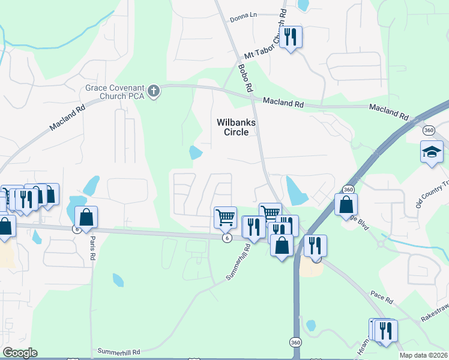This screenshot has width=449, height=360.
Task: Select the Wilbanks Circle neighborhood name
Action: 237,127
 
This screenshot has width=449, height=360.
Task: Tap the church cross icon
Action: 154,92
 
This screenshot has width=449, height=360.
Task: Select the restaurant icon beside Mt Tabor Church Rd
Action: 291,37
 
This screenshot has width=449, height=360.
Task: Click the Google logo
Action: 20,352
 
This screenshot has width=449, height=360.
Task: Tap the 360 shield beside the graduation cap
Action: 428,130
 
